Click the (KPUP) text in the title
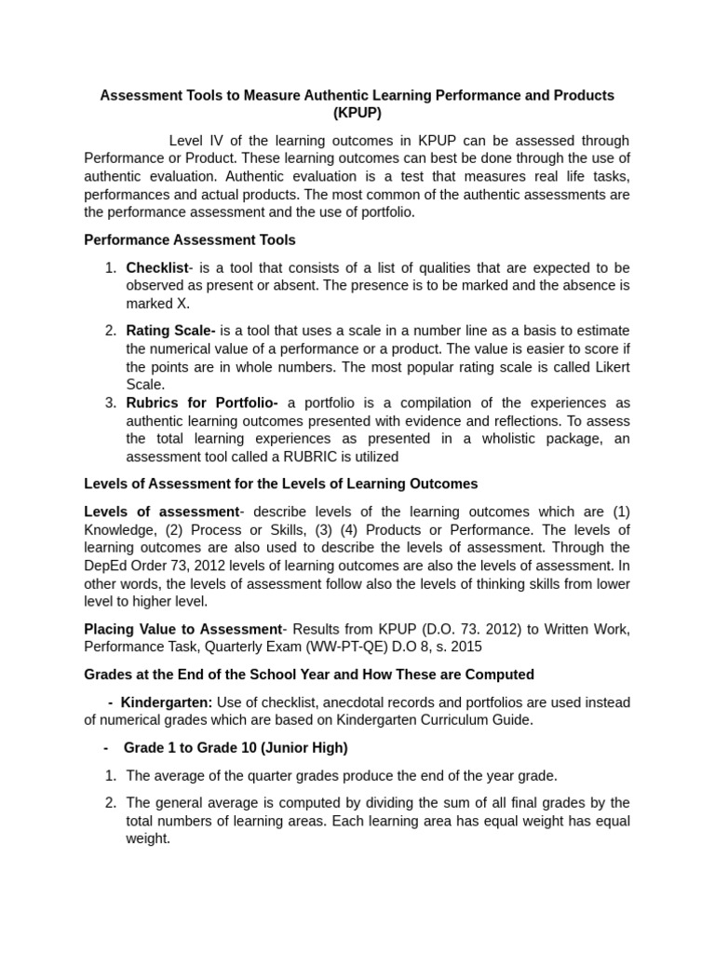coord(357,114)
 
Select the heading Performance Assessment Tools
coord(190,240)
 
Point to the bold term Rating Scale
coord(170,331)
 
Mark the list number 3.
coord(110,403)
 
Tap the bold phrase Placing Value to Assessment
coord(182,630)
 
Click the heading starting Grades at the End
coord(308,675)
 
